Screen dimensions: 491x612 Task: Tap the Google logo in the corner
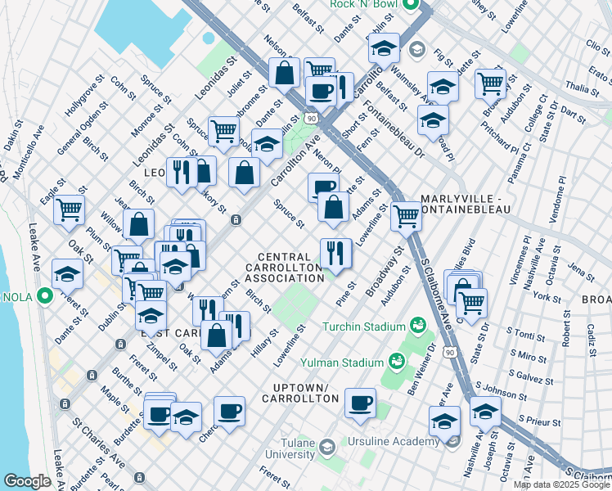[27, 481]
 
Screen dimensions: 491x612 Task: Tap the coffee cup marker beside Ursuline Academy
[360, 403]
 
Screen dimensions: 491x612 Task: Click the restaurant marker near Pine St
[335, 252]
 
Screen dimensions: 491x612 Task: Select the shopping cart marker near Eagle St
[70, 209]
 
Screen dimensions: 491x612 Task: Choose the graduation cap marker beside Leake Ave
[67, 273]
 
